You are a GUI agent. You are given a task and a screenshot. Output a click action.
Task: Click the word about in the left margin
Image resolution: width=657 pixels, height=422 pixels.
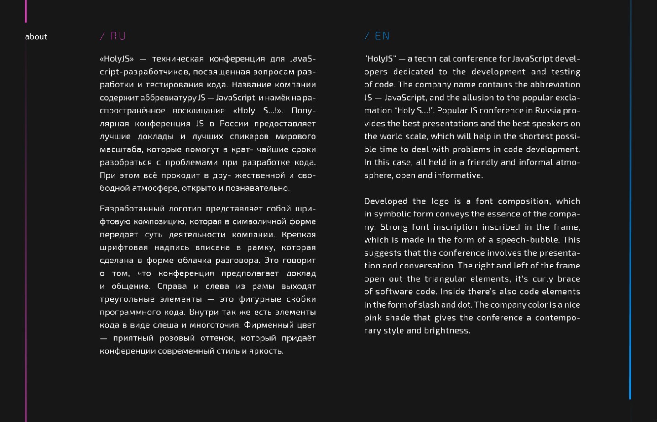[x=36, y=37]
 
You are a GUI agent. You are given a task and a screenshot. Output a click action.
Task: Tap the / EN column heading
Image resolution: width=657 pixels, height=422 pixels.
[x=377, y=36]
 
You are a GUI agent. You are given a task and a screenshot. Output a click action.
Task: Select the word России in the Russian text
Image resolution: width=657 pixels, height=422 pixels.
[x=235, y=124]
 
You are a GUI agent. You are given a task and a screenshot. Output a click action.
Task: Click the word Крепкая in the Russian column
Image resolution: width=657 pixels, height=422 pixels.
[x=298, y=235]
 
